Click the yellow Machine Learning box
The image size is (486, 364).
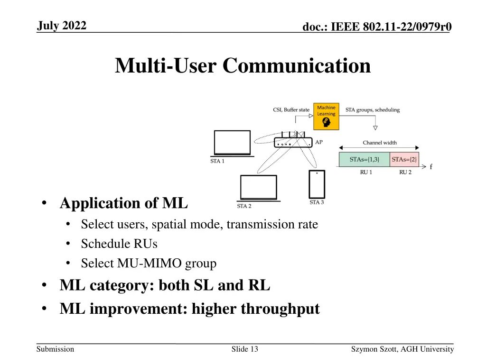(x=326, y=117)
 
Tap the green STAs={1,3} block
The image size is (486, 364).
(x=364, y=159)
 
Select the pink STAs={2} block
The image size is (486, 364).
(x=404, y=159)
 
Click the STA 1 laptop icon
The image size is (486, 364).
(x=232, y=143)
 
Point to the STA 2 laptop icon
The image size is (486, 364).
(x=258, y=188)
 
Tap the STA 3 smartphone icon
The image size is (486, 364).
(x=317, y=184)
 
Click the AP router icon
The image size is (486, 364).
(x=293, y=141)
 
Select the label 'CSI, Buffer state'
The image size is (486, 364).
(x=291, y=110)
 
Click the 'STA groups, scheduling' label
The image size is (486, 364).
(x=373, y=110)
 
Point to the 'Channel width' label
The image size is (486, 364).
(x=380, y=143)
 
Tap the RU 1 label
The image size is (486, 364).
(x=366, y=173)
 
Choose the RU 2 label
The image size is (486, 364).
(x=405, y=173)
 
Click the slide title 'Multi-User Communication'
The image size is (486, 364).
(x=243, y=65)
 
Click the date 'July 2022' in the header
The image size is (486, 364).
(x=62, y=26)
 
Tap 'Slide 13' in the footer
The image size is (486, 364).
(x=244, y=349)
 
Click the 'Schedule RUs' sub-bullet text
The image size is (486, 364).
(x=119, y=244)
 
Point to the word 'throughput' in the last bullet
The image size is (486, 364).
(x=280, y=309)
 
